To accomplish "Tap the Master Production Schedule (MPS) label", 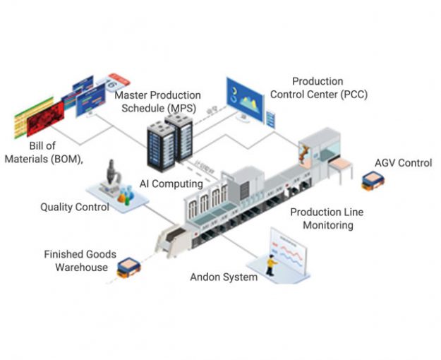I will pos(158,101).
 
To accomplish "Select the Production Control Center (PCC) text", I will pos(330,88).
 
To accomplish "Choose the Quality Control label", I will pos(74,208).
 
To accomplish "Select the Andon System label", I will pos(224,277).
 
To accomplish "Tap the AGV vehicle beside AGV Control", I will pos(369,182).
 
